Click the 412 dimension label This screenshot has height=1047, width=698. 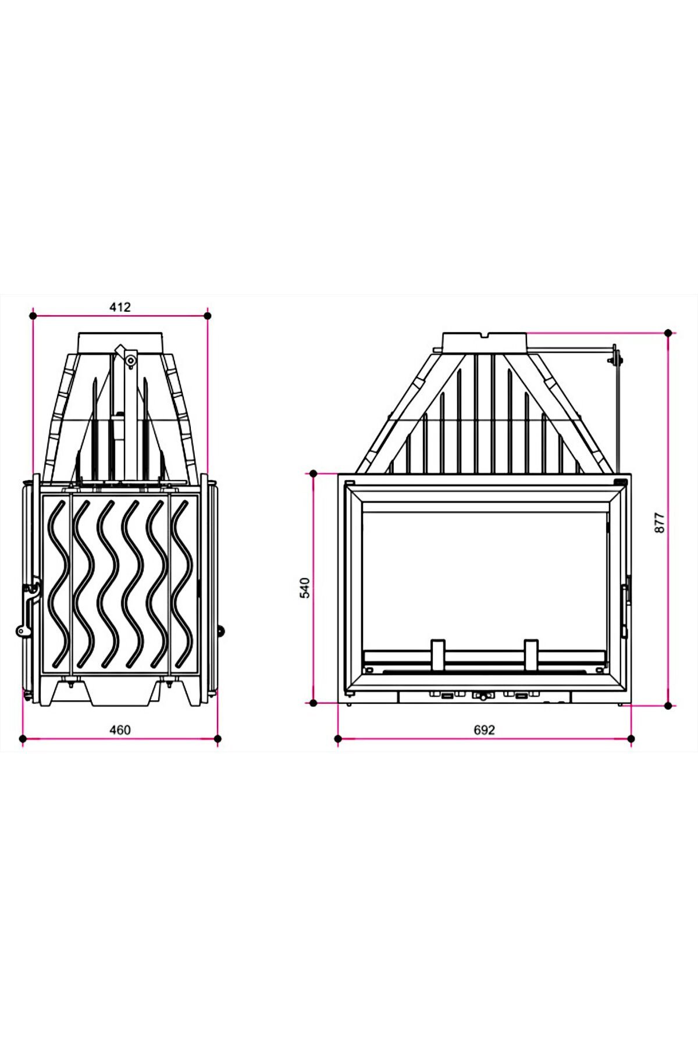(120, 307)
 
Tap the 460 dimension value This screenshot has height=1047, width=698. (120, 729)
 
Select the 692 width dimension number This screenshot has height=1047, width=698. (484, 729)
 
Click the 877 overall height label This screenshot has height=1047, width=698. (658, 523)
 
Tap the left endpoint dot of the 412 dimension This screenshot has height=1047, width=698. (33, 316)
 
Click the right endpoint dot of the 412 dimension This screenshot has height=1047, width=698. (208, 316)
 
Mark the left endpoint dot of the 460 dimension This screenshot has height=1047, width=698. (23, 739)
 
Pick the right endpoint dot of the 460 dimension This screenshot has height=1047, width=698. (218, 739)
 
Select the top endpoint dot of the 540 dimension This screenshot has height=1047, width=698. (314, 473)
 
